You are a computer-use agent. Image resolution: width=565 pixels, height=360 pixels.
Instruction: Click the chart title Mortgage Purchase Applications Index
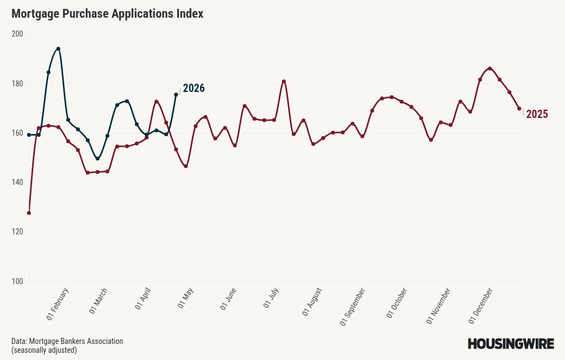[107, 14]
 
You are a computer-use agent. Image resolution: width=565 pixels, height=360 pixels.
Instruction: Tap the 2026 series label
[194, 88]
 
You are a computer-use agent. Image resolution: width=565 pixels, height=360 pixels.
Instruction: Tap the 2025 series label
[537, 114]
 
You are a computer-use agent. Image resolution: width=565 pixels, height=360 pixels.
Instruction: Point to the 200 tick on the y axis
[17, 34]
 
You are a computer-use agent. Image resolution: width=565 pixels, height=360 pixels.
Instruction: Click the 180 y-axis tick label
[17, 84]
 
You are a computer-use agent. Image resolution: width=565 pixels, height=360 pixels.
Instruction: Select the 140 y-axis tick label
[17, 182]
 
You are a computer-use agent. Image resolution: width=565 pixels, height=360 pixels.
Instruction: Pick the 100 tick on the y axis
[17, 281]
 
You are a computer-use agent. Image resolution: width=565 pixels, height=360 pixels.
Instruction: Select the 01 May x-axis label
[186, 300]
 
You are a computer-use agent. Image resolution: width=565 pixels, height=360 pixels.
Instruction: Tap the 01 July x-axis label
[271, 300]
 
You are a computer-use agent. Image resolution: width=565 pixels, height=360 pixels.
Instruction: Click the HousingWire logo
[511, 344]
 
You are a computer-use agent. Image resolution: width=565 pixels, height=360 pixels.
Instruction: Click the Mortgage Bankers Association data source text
[67, 341]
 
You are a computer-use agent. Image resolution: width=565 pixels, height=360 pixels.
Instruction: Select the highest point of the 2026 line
[58, 49]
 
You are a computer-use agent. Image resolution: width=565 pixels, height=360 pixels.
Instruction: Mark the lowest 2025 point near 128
[29, 213]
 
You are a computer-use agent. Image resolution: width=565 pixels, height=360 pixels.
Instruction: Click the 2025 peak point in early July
[284, 81]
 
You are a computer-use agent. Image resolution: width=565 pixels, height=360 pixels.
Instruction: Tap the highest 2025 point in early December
[490, 69]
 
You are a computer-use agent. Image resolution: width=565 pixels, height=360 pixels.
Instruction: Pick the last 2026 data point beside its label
[176, 95]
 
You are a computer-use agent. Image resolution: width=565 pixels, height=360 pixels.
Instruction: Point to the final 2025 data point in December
[519, 109]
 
